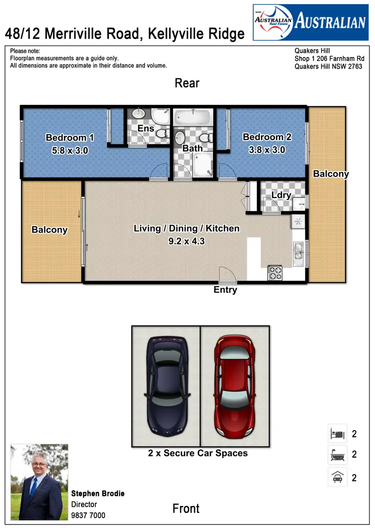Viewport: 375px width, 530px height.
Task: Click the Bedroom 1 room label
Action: pos(69,137)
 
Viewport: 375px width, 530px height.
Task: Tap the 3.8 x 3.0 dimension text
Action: pos(267,149)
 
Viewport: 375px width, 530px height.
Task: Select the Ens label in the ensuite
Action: pos(146,128)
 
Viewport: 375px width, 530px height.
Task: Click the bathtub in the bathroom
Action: pos(192,118)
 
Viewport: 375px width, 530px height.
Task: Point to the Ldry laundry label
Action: pos(281,195)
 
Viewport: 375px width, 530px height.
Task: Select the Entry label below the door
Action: pos(225,290)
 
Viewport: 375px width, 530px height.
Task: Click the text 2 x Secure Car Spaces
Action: pos(198,453)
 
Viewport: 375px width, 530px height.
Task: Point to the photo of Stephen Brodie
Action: pos(39,482)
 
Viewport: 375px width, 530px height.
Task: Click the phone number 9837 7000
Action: pos(88,515)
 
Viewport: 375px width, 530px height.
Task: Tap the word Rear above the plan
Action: pos(187,83)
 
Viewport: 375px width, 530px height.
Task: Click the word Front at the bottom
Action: pos(186,508)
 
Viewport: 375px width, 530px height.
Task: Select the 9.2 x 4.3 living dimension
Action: pos(186,240)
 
